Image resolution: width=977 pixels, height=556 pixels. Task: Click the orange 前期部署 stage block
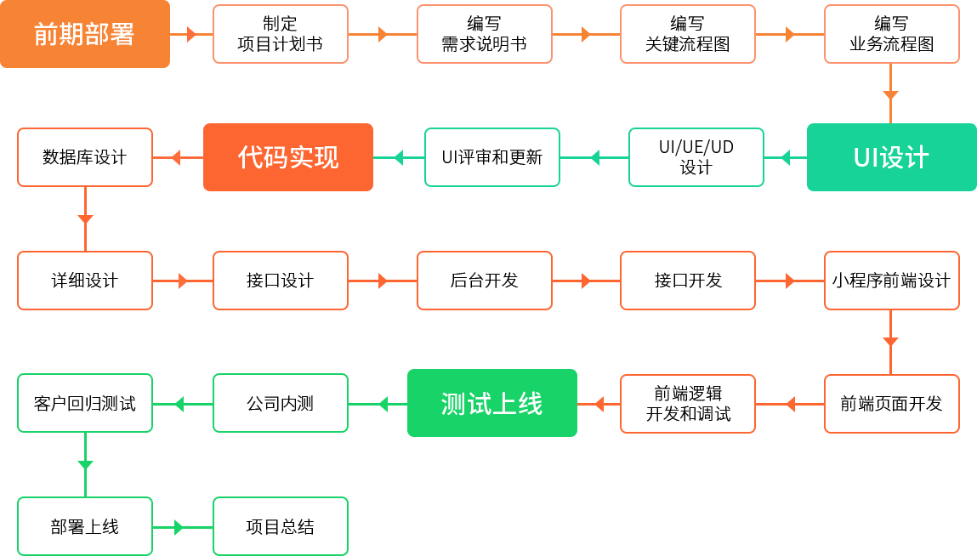point(85,34)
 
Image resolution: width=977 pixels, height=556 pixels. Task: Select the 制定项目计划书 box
point(280,34)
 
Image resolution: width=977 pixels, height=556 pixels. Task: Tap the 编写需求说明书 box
point(484,34)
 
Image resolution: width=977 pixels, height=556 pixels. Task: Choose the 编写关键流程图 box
point(687,34)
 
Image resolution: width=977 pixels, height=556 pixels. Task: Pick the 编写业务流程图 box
point(891,34)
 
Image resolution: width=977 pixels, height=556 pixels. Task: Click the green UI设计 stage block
point(891,157)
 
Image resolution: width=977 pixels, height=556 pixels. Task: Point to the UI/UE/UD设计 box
point(696,157)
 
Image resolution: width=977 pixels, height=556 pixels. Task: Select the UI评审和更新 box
point(491,157)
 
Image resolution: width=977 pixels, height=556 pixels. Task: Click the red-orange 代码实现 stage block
point(287,157)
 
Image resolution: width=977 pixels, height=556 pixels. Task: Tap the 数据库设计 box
point(84,157)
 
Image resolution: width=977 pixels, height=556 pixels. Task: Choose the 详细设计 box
point(84,281)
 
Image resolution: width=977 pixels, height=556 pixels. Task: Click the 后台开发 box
point(484,281)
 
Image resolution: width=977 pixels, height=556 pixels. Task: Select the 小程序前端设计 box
point(891,281)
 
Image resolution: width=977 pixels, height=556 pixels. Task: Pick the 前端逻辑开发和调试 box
point(687,404)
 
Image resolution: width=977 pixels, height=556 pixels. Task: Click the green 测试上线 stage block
point(491,403)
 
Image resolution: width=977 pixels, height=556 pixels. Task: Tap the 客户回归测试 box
point(84,404)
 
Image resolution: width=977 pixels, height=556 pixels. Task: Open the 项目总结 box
point(280,527)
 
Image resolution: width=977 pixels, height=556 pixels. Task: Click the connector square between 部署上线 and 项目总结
point(179,527)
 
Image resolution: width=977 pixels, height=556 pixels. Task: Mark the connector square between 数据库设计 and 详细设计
point(85,219)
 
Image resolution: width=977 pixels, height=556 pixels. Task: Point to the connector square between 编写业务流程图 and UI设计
point(890,95)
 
